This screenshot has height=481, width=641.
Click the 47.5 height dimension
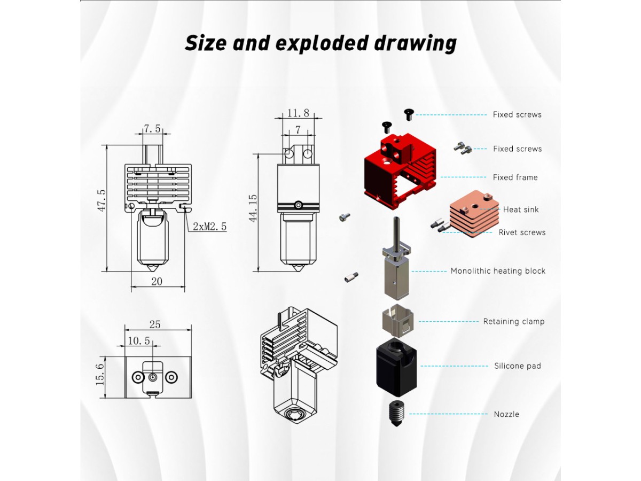(101, 200)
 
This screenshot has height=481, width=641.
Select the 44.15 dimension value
(253, 208)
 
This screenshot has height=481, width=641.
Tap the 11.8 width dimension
(298, 113)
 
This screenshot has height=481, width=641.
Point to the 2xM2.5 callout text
(209, 226)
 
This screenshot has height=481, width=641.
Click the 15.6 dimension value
(99, 374)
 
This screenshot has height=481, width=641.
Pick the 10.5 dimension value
(139, 340)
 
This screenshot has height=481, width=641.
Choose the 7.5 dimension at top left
(152, 129)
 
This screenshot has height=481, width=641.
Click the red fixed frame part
(400, 171)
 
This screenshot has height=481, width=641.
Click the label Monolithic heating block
(498, 271)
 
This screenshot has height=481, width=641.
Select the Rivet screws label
(522, 232)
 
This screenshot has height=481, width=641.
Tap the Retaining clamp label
(514, 322)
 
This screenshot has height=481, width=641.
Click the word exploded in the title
(322, 43)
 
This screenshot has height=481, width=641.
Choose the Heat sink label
(521, 210)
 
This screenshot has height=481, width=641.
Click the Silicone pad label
(517, 366)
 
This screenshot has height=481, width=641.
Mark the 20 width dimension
(157, 281)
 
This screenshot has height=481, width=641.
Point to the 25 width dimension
(155, 324)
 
